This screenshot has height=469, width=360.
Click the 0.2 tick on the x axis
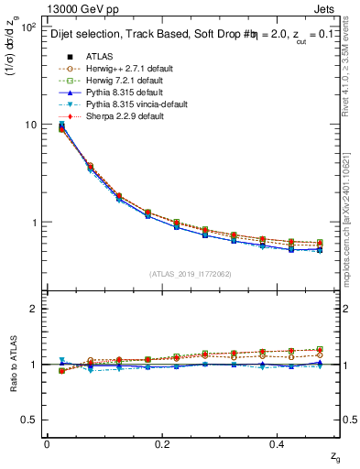click(163, 443)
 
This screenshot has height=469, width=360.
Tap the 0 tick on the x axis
click(47, 443)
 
